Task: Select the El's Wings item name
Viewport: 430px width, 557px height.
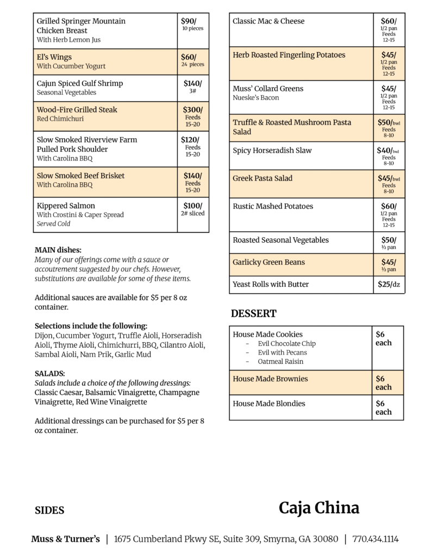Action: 54,57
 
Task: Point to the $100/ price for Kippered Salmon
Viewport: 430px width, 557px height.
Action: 192,206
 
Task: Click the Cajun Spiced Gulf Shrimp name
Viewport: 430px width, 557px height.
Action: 80,83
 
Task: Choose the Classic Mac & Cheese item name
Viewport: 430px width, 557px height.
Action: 269,21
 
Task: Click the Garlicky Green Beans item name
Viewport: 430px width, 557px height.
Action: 269,262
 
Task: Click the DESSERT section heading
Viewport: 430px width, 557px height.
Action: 253,313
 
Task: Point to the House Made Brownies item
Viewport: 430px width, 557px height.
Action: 270,379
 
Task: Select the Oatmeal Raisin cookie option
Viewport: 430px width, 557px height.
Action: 281,361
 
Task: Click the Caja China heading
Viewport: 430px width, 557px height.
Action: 319,508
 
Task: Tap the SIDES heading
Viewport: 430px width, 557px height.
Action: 49,510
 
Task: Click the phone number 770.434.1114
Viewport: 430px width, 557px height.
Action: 376,539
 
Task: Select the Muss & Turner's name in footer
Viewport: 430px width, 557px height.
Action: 66,539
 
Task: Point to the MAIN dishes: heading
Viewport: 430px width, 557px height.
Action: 58,250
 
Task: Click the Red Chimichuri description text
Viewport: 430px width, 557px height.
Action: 60,119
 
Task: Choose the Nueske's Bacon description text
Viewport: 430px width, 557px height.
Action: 255,98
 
